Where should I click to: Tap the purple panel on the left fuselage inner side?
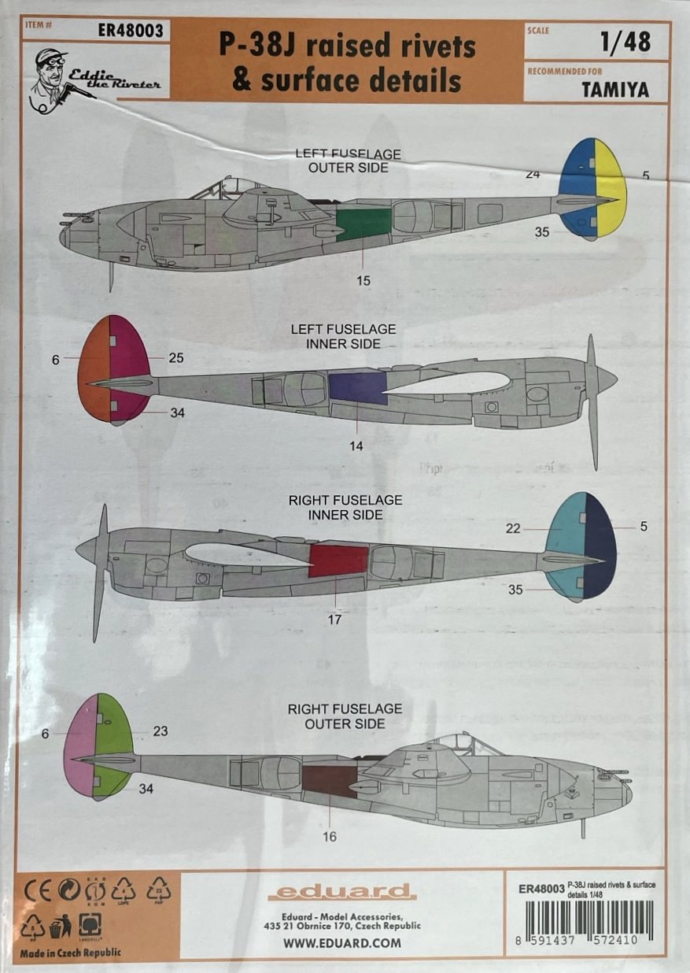pos(358,389)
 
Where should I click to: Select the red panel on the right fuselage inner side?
pos(338,560)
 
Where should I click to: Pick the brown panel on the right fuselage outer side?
pos(330,781)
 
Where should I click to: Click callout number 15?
pos(363,280)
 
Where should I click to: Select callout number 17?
pos(334,620)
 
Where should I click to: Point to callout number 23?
pos(161,731)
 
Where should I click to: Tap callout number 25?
pos(176,358)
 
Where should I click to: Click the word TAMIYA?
pos(616,90)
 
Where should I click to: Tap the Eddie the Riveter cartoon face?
pos(49,70)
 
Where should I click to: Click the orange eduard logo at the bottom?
pos(341,892)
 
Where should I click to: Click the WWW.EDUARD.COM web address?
pos(337,942)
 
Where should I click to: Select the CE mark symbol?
pos(38,892)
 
